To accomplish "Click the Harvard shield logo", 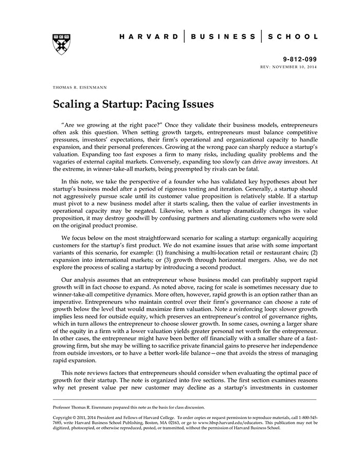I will point(61,44).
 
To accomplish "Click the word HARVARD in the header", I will point(149,37).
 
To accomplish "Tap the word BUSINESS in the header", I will point(223,37).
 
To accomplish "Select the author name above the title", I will point(80,88).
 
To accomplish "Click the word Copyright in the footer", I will point(65,418).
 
